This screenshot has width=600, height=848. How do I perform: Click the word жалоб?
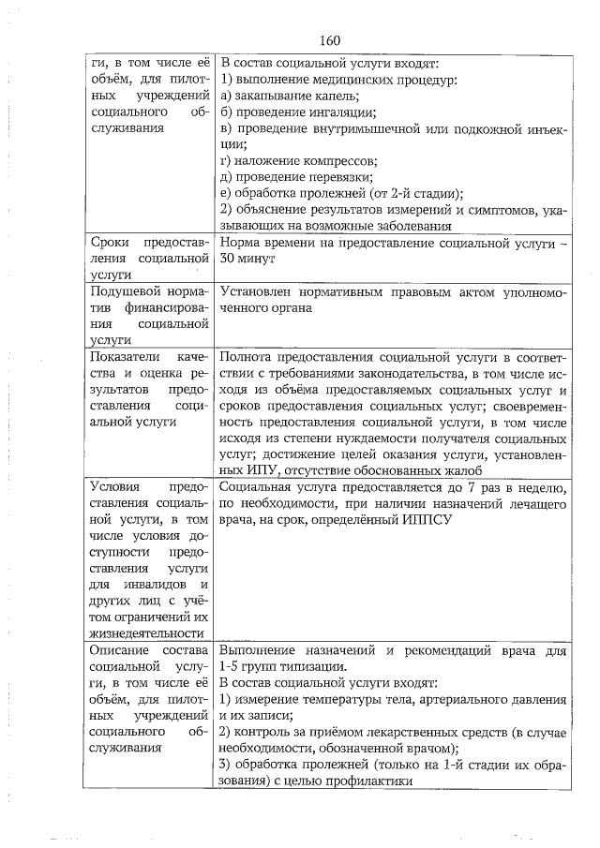click(x=462, y=469)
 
